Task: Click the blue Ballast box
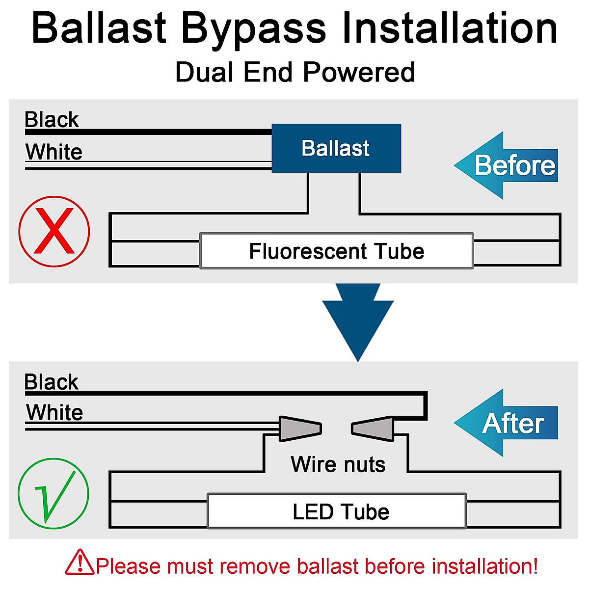click(x=336, y=148)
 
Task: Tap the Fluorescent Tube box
click(x=337, y=251)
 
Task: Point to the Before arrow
click(x=506, y=165)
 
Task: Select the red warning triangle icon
click(x=80, y=562)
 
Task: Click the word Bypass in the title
click(x=254, y=29)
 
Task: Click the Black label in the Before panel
click(x=52, y=119)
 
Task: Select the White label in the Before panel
click(x=54, y=152)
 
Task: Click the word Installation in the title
click(x=450, y=27)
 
